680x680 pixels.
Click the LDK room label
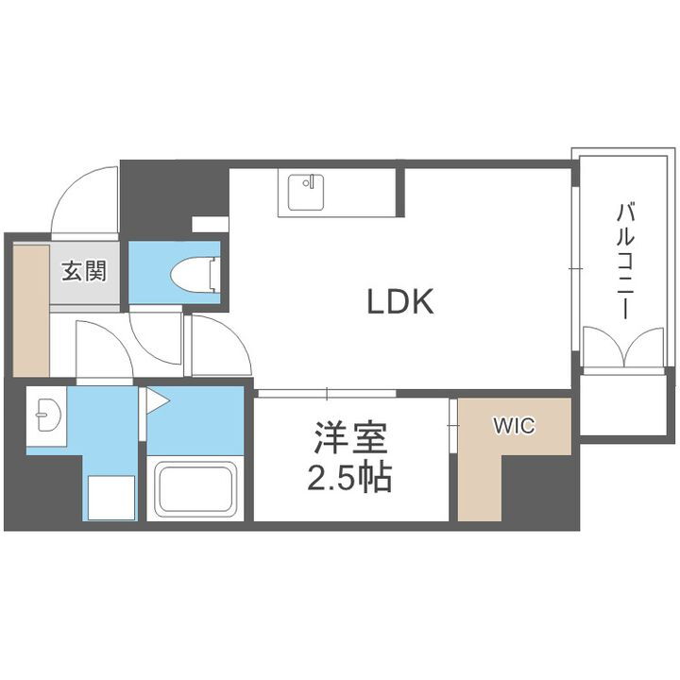399,302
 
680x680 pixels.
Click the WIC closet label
512,426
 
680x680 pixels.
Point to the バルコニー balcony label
624,261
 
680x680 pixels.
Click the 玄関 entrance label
84,272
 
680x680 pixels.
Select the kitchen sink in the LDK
305,192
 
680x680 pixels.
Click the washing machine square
111,497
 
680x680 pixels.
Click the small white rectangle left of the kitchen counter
209,224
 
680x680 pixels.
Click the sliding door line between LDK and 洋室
326,392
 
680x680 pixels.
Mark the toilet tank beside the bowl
215,272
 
